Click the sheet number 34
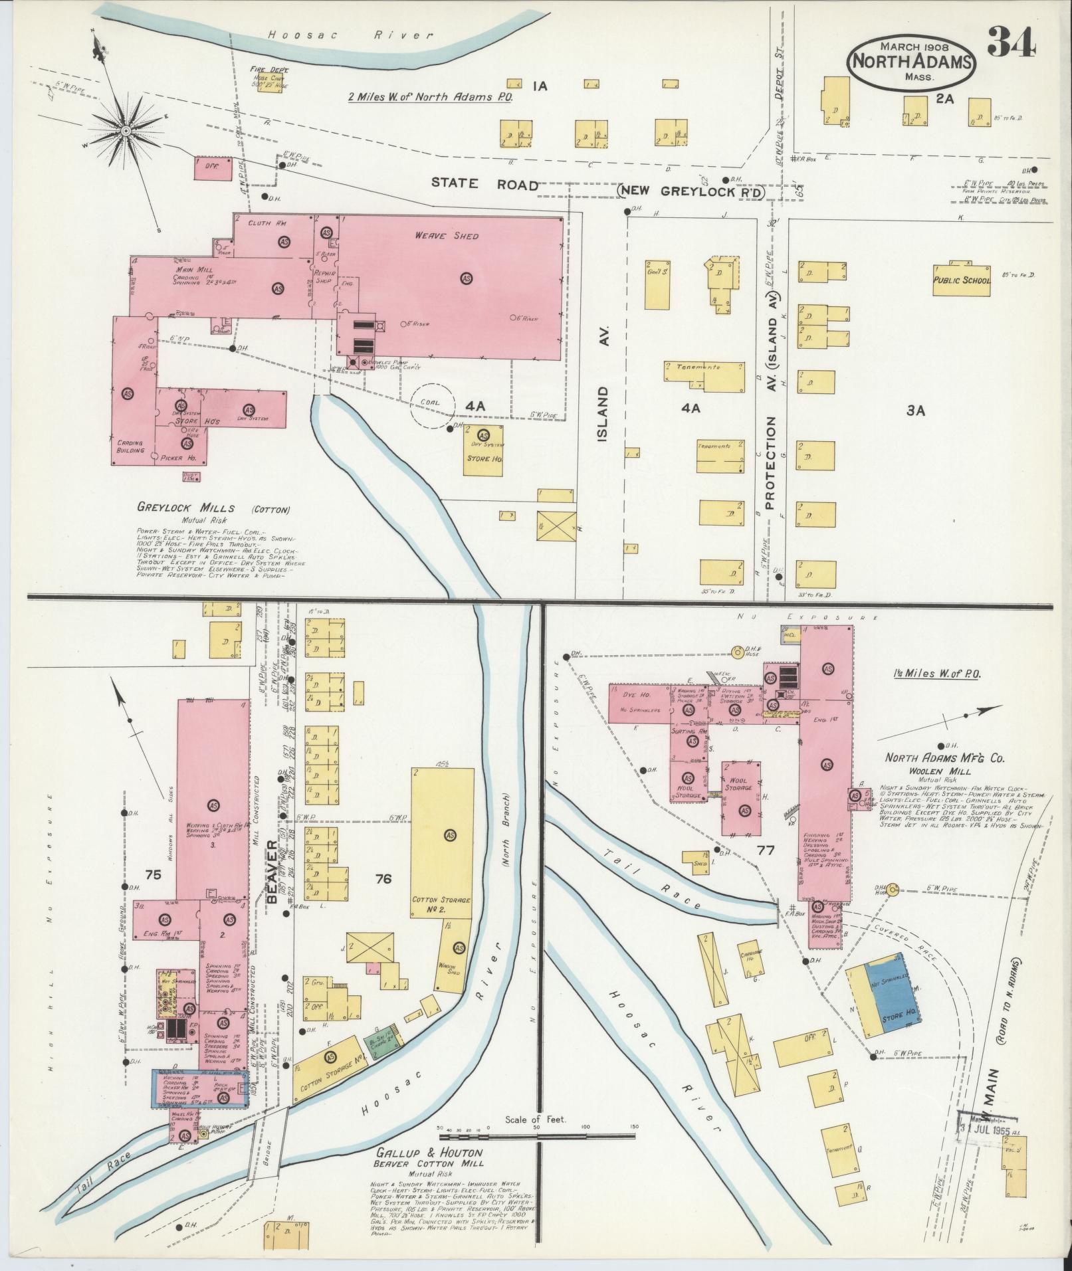pos(1012,43)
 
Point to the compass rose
pos(125,132)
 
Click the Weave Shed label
pos(447,236)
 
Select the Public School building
pos(961,280)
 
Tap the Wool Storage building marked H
pos(742,799)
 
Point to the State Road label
pos(484,184)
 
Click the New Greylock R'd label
pos(692,191)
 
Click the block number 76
pos(383,879)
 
